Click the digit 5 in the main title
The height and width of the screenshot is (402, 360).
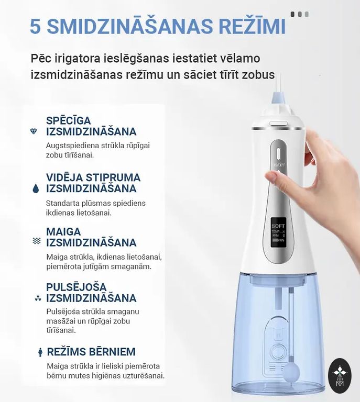tap(36, 26)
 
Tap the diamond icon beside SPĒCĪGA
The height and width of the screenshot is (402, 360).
tap(34, 131)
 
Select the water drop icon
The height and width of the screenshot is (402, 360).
tap(36, 188)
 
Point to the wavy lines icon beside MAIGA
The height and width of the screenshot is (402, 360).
tap(37, 241)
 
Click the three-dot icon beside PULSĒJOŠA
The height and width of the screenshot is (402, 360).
tap(38, 298)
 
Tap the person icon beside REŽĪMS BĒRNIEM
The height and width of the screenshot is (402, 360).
tap(40, 352)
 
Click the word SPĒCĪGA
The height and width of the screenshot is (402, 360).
tap(69, 120)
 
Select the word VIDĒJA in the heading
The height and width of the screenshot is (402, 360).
tap(64, 177)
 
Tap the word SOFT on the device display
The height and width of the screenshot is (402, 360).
tap(278, 226)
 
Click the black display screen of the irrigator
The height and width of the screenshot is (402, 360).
tap(278, 232)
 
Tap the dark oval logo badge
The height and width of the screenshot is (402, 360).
tap(340, 376)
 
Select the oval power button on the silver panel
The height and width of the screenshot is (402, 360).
tap(278, 154)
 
